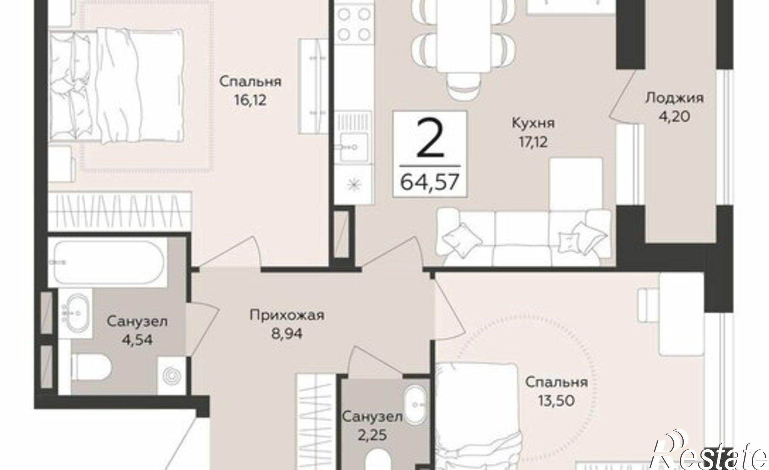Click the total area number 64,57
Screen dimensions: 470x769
pyautogui.click(x=430, y=182)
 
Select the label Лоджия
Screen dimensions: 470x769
pyautogui.click(x=674, y=98)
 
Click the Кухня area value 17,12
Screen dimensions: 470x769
pyautogui.click(x=533, y=142)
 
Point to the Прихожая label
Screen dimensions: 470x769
pyautogui.click(x=287, y=316)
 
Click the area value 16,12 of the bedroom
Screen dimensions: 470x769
pyautogui.click(x=250, y=101)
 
